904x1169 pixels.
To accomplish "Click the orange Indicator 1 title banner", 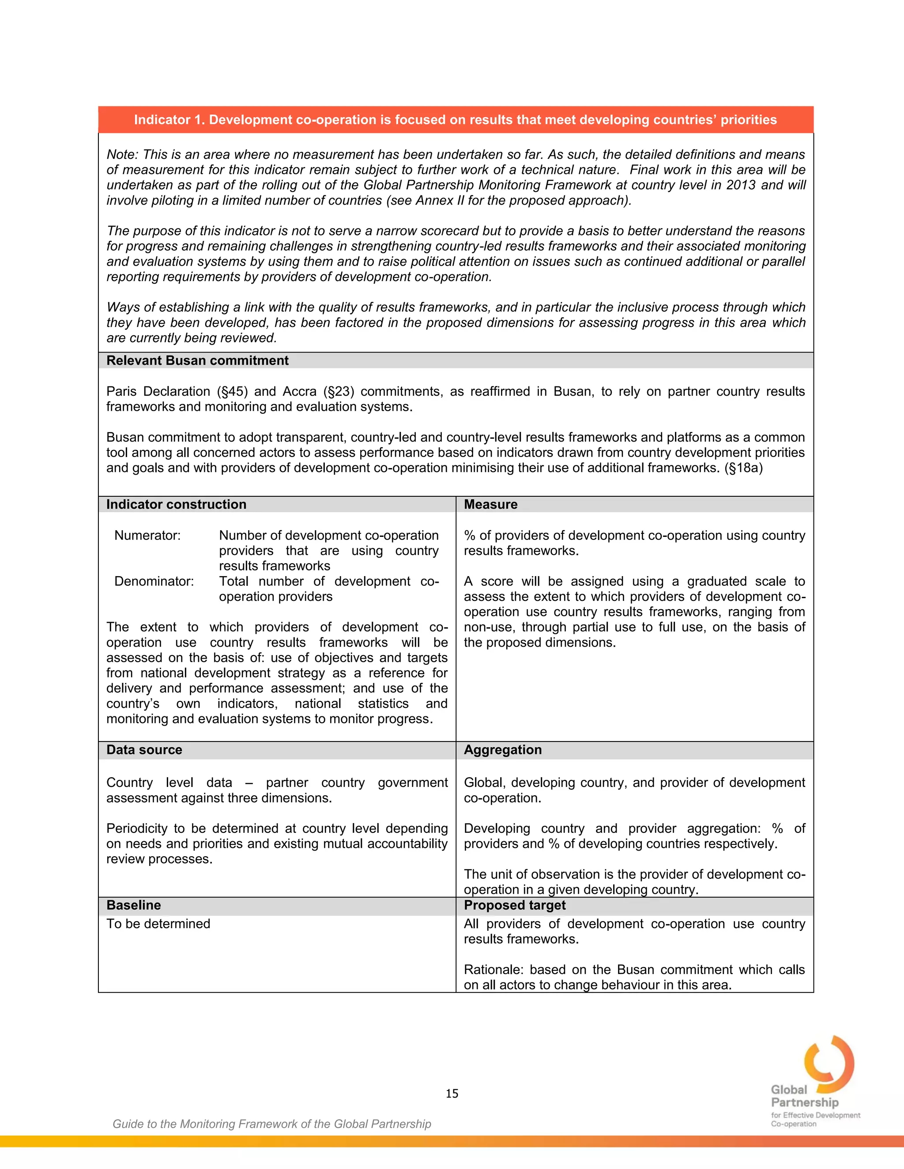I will (x=455, y=120).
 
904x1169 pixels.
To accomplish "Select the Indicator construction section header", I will (x=176, y=504).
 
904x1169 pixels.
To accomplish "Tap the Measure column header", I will (x=490, y=504).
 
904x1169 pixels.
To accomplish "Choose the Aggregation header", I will (x=502, y=749).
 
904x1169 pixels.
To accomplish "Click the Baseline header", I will (x=133, y=905).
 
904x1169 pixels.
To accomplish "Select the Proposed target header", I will (x=514, y=905).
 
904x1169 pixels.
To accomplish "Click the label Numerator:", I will (x=147, y=535).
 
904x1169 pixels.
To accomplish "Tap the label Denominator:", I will (x=154, y=581).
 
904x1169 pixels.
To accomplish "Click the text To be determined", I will (x=158, y=923).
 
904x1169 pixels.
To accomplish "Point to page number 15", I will (x=452, y=1093).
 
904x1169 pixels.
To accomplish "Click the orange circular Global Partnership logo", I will (x=829, y=1064).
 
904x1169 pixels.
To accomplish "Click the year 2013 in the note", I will (x=740, y=185).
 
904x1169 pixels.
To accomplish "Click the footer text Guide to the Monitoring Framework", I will (x=271, y=1124).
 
